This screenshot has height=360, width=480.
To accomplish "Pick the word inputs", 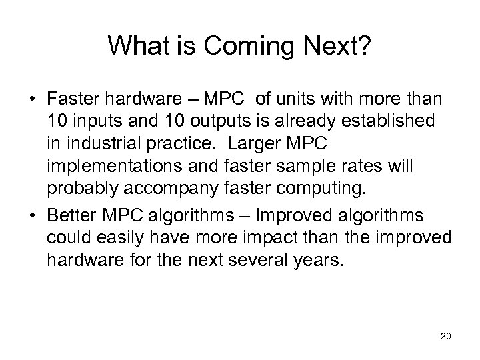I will coord(96,122).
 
